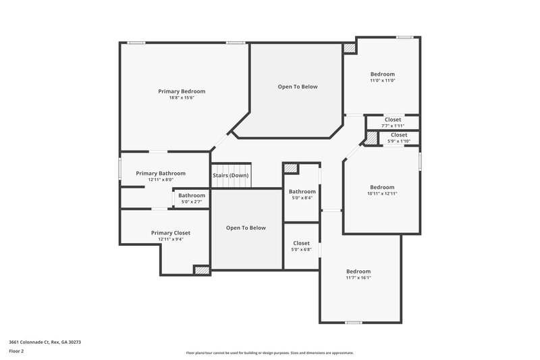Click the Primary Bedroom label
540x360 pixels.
tap(182, 91)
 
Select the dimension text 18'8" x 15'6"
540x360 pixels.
tap(182, 98)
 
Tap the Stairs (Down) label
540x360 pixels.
tap(231, 176)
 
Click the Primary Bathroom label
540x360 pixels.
tap(161, 174)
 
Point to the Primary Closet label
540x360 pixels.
tap(170, 233)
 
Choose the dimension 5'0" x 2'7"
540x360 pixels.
tap(192, 202)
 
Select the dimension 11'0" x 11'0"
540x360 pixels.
tap(382, 80)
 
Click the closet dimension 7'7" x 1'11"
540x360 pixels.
tap(392, 126)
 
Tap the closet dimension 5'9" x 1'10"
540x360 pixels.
tap(399, 140)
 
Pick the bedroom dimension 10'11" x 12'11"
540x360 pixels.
tap(382, 194)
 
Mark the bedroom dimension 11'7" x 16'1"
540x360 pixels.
tap(358, 278)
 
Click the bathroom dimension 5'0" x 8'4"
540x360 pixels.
tap(302, 198)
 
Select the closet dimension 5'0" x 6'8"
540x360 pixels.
tap(301, 249)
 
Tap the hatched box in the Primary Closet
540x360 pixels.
tap(201, 270)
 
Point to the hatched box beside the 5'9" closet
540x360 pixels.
tap(371, 138)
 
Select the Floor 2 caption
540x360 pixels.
tap(16, 351)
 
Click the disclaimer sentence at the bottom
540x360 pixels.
tap(270, 353)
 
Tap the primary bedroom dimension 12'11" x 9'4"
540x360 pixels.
tap(170, 239)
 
